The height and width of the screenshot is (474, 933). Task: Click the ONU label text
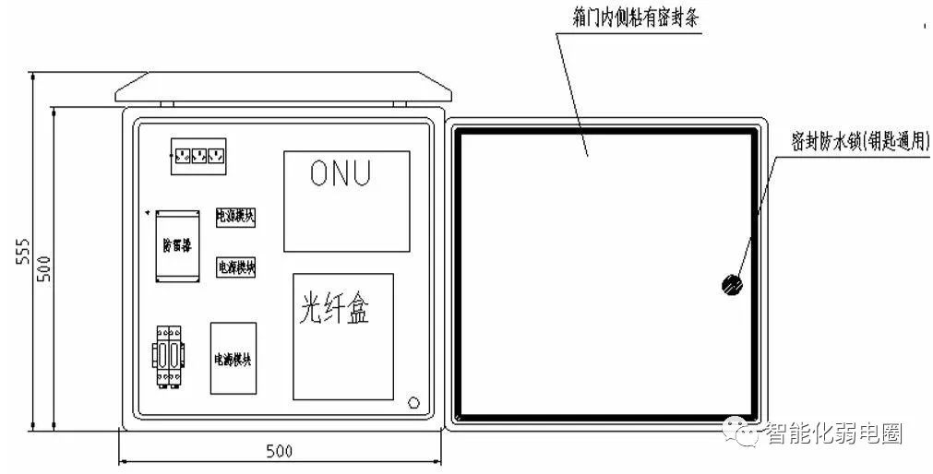pos(346,173)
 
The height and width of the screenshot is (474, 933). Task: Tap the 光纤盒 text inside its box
pos(334,311)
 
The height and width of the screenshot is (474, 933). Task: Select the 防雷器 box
pos(178,246)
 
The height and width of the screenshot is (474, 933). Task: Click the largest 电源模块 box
pos(233,359)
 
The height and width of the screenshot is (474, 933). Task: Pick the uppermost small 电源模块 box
pos(235,217)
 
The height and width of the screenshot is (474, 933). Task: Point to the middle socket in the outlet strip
pos(198,154)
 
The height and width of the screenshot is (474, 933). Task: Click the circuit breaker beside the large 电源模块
pos(168,355)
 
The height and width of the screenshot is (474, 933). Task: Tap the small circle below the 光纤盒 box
pos(414,402)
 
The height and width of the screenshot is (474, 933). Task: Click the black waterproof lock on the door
pos(731,285)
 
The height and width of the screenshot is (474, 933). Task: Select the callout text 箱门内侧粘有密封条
pos(632,18)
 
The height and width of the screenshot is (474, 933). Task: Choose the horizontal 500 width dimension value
pos(279,451)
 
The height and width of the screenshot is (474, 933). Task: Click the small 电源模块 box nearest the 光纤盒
pos(235,267)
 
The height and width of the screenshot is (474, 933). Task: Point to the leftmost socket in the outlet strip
pos(182,154)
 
